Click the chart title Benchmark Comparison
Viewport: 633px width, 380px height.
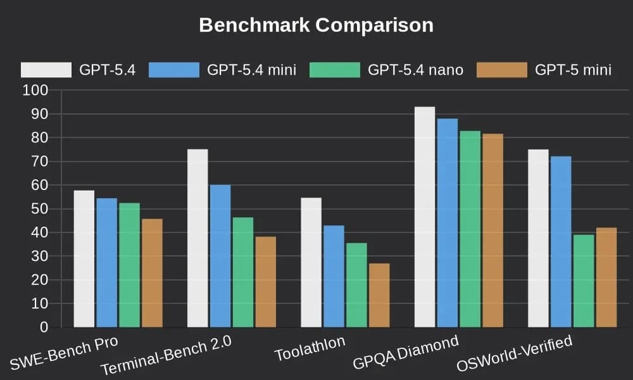click(316, 25)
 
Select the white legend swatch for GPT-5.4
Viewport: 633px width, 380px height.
click(46, 70)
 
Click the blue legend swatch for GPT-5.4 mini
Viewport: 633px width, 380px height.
click(174, 70)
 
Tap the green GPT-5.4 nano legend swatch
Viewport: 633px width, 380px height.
click(334, 70)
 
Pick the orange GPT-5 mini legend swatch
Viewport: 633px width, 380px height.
click(501, 70)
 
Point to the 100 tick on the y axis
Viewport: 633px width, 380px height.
click(35, 91)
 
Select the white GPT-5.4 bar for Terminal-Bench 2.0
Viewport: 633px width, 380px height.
click(197, 238)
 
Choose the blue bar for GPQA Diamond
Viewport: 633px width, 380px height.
click(447, 223)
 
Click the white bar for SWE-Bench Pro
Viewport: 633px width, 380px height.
click(84, 259)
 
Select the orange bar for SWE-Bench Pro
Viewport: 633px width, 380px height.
click(152, 273)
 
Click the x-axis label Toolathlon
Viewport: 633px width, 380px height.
click(311, 349)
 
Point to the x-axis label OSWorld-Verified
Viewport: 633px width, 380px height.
click(514, 354)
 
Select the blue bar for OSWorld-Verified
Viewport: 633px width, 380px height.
click(561, 242)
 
